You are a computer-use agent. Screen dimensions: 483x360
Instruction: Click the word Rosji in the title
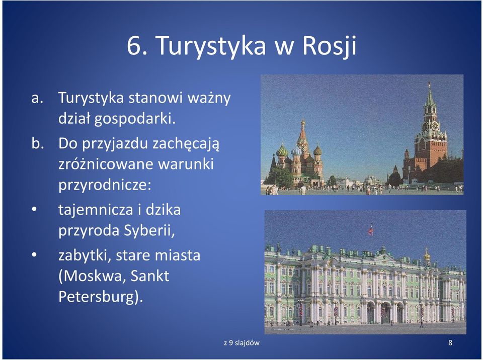coord(329,46)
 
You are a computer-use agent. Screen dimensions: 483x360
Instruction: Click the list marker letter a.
coord(37,98)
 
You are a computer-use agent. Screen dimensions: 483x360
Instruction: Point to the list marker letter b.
coord(37,143)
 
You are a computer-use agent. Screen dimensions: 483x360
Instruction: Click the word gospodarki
coord(135,119)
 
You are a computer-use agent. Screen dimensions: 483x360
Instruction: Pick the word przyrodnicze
coord(105,185)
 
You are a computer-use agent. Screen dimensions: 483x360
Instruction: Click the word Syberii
coord(149,231)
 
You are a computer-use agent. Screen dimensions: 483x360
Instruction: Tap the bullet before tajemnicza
coord(34,209)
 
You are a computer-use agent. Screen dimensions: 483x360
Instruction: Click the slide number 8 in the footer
coord(450,342)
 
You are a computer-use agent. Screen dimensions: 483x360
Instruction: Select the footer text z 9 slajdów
coord(242,342)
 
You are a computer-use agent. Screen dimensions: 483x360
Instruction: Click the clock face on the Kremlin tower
coord(435,126)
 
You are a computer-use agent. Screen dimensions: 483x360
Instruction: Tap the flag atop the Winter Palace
coord(371,229)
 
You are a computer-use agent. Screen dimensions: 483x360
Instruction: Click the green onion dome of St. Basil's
coord(282,151)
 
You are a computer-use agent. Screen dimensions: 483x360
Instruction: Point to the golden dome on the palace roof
coord(427,255)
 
